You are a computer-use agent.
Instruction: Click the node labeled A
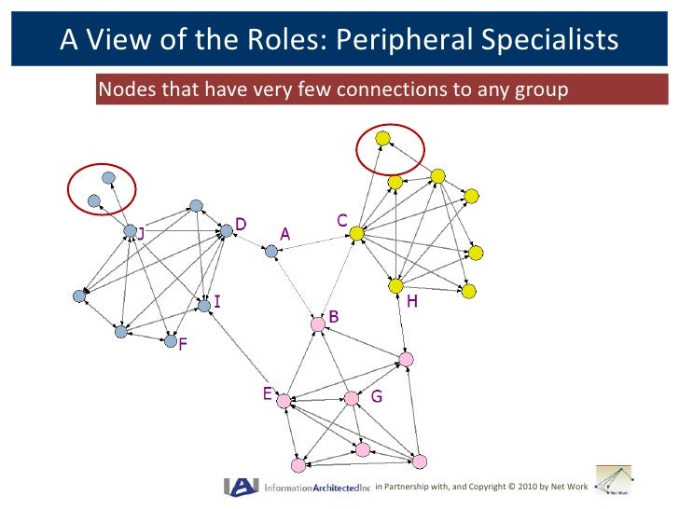[271, 251]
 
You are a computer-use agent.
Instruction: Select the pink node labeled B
[318, 323]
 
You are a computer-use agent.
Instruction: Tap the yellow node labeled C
[356, 234]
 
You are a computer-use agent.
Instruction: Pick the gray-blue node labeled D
[226, 230]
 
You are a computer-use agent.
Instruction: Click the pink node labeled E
[284, 401]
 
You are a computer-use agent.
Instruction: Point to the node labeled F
[171, 341]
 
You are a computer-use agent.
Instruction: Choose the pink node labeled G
[352, 398]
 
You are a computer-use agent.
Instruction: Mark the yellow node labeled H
[395, 285]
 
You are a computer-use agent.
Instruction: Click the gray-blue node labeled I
[203, 305]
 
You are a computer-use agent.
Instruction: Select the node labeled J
[131, 231]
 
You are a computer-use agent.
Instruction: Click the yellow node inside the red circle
[382, 138]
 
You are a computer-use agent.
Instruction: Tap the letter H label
[411, 302]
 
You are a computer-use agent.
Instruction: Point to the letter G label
[377, 396]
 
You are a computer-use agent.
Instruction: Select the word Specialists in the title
[551, 39]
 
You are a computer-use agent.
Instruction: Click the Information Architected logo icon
[241, 486]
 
